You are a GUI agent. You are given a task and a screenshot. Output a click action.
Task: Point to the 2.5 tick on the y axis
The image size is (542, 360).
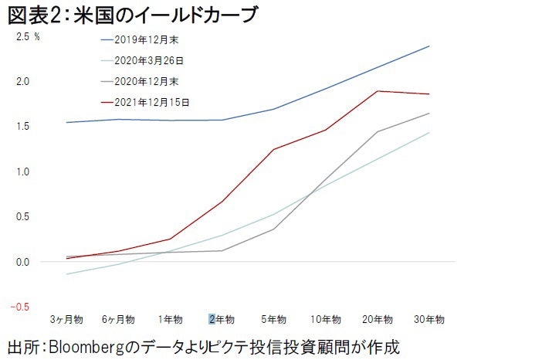[21, 36]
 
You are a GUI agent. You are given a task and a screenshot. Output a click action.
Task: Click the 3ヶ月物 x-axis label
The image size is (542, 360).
[67, 318]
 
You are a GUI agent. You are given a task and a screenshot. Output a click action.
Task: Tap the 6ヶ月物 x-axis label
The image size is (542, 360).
[118, 318]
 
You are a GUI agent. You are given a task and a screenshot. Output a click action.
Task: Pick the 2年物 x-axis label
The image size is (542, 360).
[222, 318]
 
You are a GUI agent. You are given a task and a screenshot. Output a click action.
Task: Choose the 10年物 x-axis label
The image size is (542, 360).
[325, 318]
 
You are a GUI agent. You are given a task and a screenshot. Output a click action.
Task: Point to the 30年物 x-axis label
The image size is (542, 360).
[429, 318]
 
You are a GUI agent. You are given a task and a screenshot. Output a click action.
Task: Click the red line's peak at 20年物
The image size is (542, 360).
[378, 91]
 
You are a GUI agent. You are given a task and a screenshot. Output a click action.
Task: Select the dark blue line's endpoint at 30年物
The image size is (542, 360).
[429, 46]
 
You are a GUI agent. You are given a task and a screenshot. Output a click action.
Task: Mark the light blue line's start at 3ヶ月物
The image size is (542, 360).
[67, 274]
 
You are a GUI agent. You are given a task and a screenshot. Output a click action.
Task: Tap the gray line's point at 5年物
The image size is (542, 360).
[274, 229]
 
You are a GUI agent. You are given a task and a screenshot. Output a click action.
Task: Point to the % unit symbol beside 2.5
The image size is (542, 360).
[37, 36]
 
